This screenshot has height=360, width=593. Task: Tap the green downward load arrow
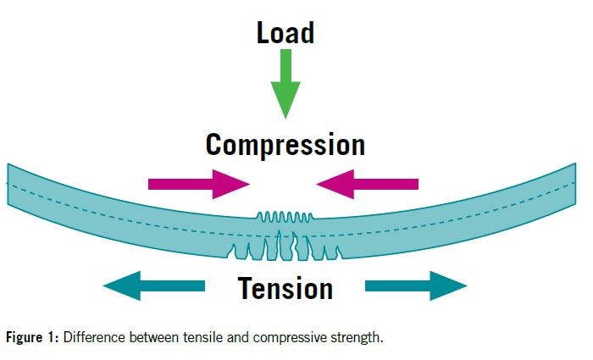285,85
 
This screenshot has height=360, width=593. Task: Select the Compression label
285,144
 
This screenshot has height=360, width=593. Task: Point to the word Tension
285,288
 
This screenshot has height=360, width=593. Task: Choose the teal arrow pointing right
416,285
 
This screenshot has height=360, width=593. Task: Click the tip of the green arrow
285,115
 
